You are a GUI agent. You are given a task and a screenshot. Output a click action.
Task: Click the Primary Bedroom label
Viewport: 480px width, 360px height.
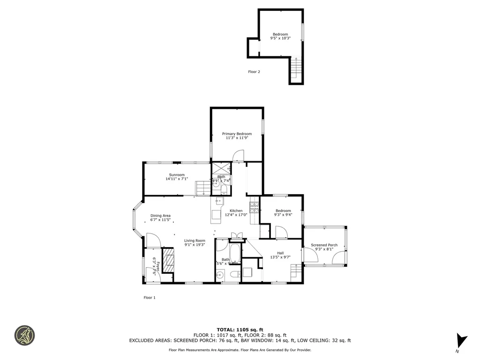coord(237,134)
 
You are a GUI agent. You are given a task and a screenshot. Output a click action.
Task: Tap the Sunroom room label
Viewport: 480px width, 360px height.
coord(177,175)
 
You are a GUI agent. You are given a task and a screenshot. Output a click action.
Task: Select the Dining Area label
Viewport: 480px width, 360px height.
coord(160,216)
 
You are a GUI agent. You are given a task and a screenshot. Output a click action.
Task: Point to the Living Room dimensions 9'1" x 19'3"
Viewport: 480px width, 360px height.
coord(195,245)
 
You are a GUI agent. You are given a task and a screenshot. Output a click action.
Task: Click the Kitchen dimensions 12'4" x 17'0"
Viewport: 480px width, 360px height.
coord(236,215)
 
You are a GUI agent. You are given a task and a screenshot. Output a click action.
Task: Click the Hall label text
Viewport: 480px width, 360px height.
coord(280,253)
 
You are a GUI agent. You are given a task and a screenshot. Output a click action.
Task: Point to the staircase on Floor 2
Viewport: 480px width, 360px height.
coord(296,69)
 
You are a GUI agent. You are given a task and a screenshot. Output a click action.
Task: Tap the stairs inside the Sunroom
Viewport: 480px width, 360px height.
coord(203,188)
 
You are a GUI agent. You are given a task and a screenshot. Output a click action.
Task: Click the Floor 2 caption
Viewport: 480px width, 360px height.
coord(254,72)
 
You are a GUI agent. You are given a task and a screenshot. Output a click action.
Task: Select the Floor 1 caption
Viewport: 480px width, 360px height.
coord(149,298)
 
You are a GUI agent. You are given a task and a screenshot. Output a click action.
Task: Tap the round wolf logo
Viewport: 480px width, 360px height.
coord(24,336)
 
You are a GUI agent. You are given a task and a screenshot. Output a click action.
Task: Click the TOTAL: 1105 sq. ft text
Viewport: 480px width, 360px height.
coord(240,330)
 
